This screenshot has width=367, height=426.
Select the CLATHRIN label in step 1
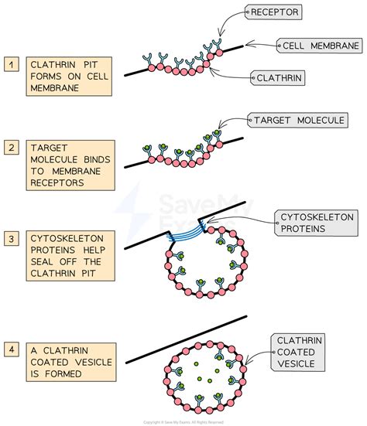click(x=280, y=77)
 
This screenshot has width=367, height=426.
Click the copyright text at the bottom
click(x=183, y=421)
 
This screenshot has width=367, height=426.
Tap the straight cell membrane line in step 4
click(x=186, y=338)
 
